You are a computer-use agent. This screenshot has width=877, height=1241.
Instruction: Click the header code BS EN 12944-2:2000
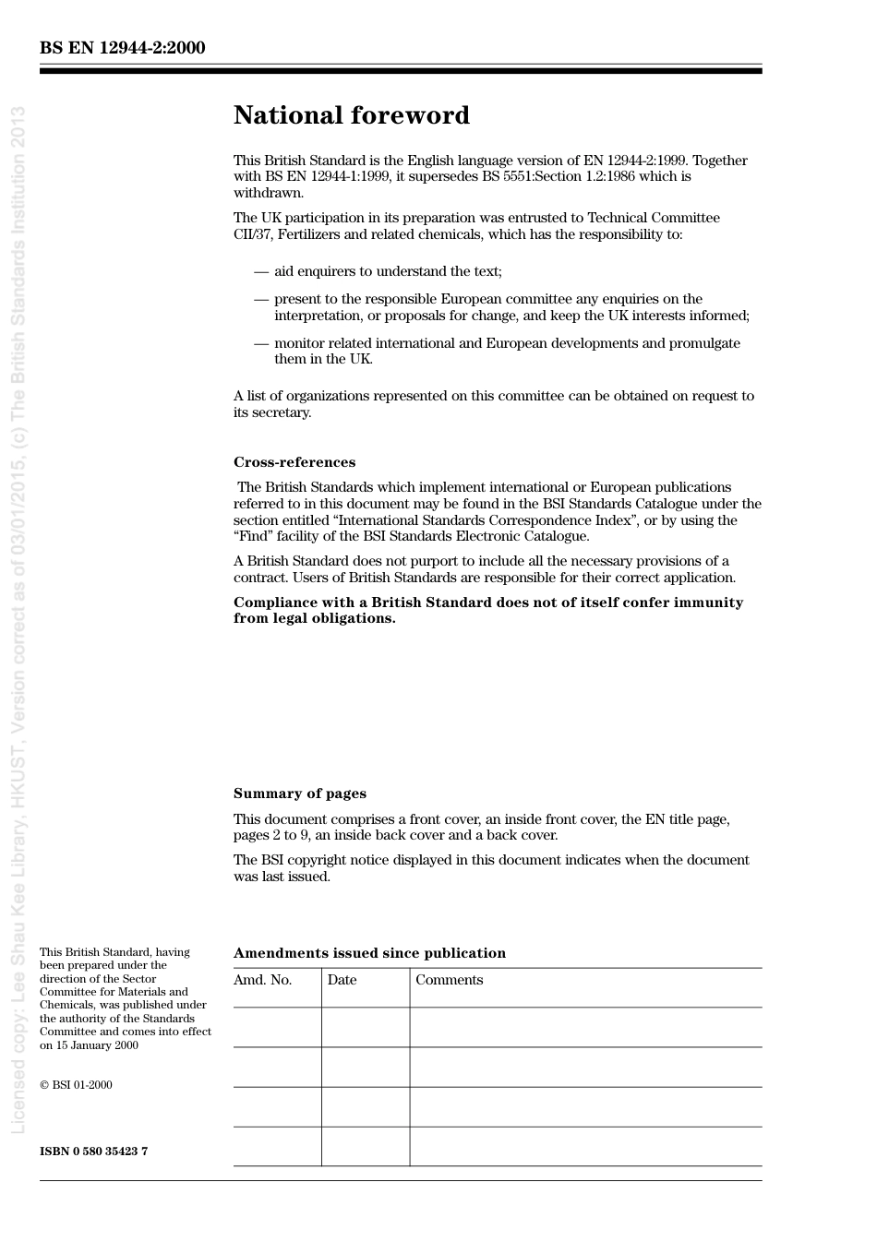(122, 48)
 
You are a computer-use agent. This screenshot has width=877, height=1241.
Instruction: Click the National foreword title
(351, 115)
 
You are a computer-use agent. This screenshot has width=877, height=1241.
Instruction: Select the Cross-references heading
(294, 462)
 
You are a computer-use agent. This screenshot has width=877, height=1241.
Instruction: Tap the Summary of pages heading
(299, 794)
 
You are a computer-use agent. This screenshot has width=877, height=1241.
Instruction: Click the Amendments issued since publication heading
(369, 953)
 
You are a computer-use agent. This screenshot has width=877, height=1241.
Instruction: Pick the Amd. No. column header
(262, 980)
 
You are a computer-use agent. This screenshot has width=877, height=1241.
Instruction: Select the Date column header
(342, 980)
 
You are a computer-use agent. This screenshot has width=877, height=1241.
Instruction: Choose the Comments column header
(449, 980)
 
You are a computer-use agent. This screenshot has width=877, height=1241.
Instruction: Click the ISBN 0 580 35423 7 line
(93, 1151)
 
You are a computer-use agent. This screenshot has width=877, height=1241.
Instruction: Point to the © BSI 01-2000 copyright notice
(76, 1085)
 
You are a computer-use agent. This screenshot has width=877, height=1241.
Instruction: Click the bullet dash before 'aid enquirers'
(261, 271)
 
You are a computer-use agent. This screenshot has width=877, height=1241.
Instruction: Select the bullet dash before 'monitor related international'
(261, 343)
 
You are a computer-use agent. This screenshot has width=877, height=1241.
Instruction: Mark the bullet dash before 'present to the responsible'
(261, 299)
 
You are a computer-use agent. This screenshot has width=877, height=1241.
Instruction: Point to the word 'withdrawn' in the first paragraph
(268, 193)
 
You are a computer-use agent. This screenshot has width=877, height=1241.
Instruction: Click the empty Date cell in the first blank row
(366, 1027)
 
